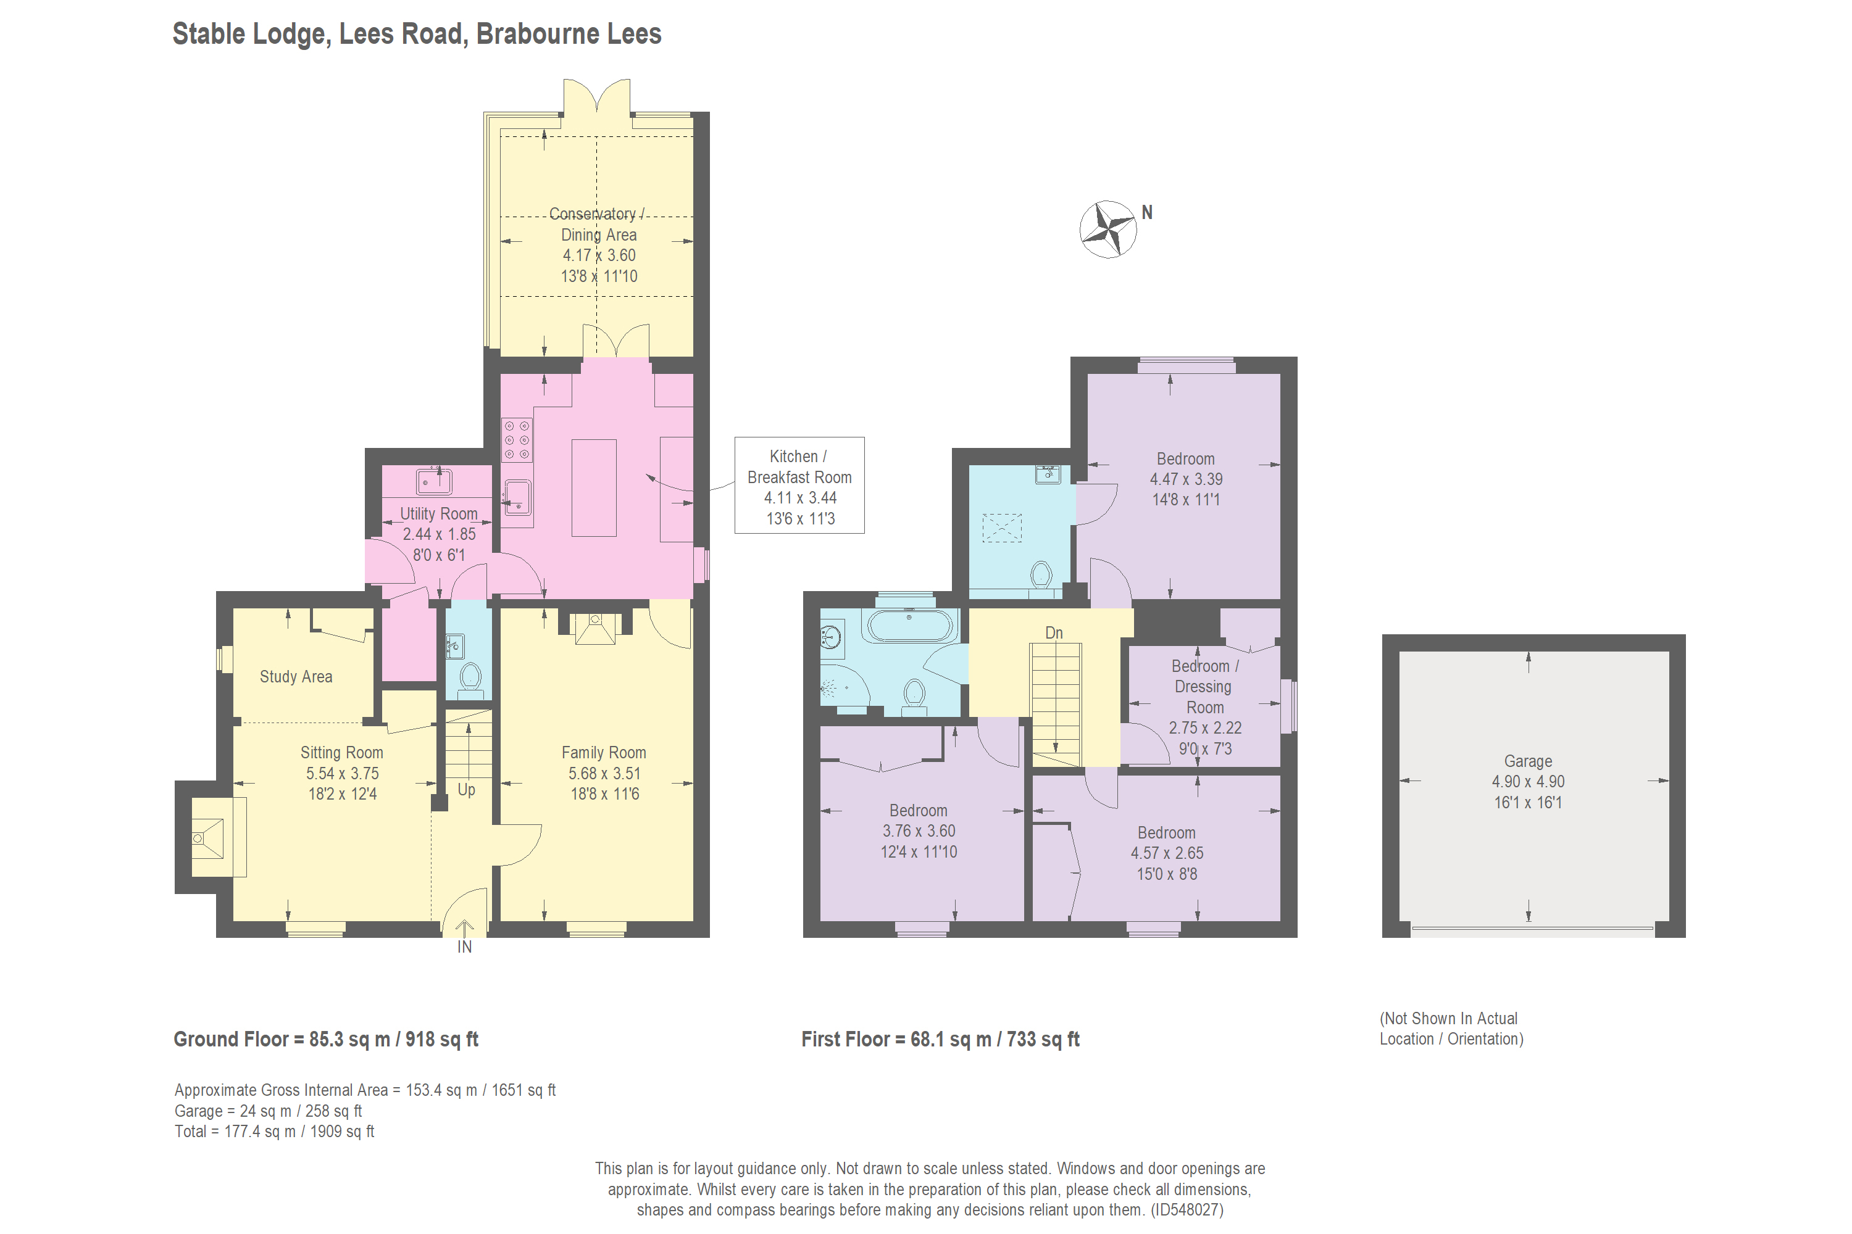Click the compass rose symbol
(x=1108, y=229)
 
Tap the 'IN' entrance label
(x=465, y=946)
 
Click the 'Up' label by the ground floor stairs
(x=466, y=789)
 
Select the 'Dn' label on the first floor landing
(x=1054, y=633)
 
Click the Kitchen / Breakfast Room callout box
(x=799, y=486)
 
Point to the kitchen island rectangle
(x=594, y=488)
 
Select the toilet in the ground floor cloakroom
(x=470, y=678)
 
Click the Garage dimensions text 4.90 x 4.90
(x=1527, y=782)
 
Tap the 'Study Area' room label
(x=296, y=677)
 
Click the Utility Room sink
(x=434, y=481)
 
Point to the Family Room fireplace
(x=595, y=628)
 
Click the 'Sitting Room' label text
(x=342, y=752)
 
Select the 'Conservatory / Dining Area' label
(x=598, y=225)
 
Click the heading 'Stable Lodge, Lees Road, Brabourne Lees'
(x=417, y=34)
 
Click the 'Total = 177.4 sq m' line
(x=274, y=1132)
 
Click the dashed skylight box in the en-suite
(x=1001, y=528)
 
